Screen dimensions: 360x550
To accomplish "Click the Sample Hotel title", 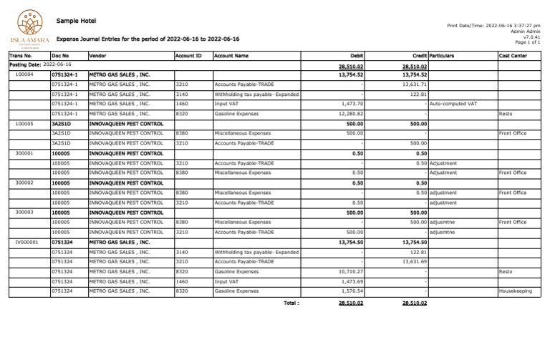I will [x=76, y=21].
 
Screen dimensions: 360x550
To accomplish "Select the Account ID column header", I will [x=188, y=55].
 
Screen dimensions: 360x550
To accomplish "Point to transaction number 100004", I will [x=26, y=74].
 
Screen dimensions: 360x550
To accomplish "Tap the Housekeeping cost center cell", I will [x=516, y=291].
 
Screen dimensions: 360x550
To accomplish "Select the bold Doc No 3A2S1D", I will [x=61, y=123].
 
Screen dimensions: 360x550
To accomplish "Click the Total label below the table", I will [x=291, y=303].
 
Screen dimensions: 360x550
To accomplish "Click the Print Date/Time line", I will [x=493, y=25].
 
